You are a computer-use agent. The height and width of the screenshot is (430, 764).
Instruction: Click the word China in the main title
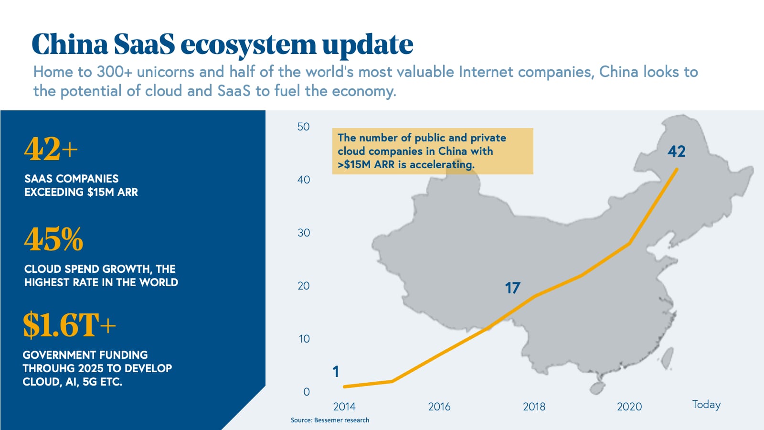pos(70,45)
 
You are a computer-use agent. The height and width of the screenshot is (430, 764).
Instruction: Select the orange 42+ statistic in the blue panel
pos(51,149)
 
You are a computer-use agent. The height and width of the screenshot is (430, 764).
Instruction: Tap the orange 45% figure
pos(53,239)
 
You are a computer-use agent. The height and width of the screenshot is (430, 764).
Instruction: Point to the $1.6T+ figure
pos(69,325)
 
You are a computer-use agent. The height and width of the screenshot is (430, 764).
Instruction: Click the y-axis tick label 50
pos(303,127)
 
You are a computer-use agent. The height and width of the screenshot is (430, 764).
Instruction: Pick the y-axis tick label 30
pos(304,233)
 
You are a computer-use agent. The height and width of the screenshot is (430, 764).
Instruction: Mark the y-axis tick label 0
pos(307,392)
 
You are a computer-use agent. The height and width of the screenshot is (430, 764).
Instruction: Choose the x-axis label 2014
pos(344,407)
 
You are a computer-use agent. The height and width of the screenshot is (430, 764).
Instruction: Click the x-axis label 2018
pos(534,407)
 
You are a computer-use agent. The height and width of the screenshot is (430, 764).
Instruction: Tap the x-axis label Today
pos(706,405)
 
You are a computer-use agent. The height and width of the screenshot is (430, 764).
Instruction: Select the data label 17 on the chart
pos(512,288)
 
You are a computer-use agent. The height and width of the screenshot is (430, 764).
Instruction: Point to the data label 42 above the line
pos(676,151)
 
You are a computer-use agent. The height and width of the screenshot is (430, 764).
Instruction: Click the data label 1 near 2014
pos(336,372)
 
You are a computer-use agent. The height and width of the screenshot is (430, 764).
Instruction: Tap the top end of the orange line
pos(677,169)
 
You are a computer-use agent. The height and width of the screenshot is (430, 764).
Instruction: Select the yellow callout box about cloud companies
pos(433,151)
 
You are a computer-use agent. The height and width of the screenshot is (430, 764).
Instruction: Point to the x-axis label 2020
pos(629,407)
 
